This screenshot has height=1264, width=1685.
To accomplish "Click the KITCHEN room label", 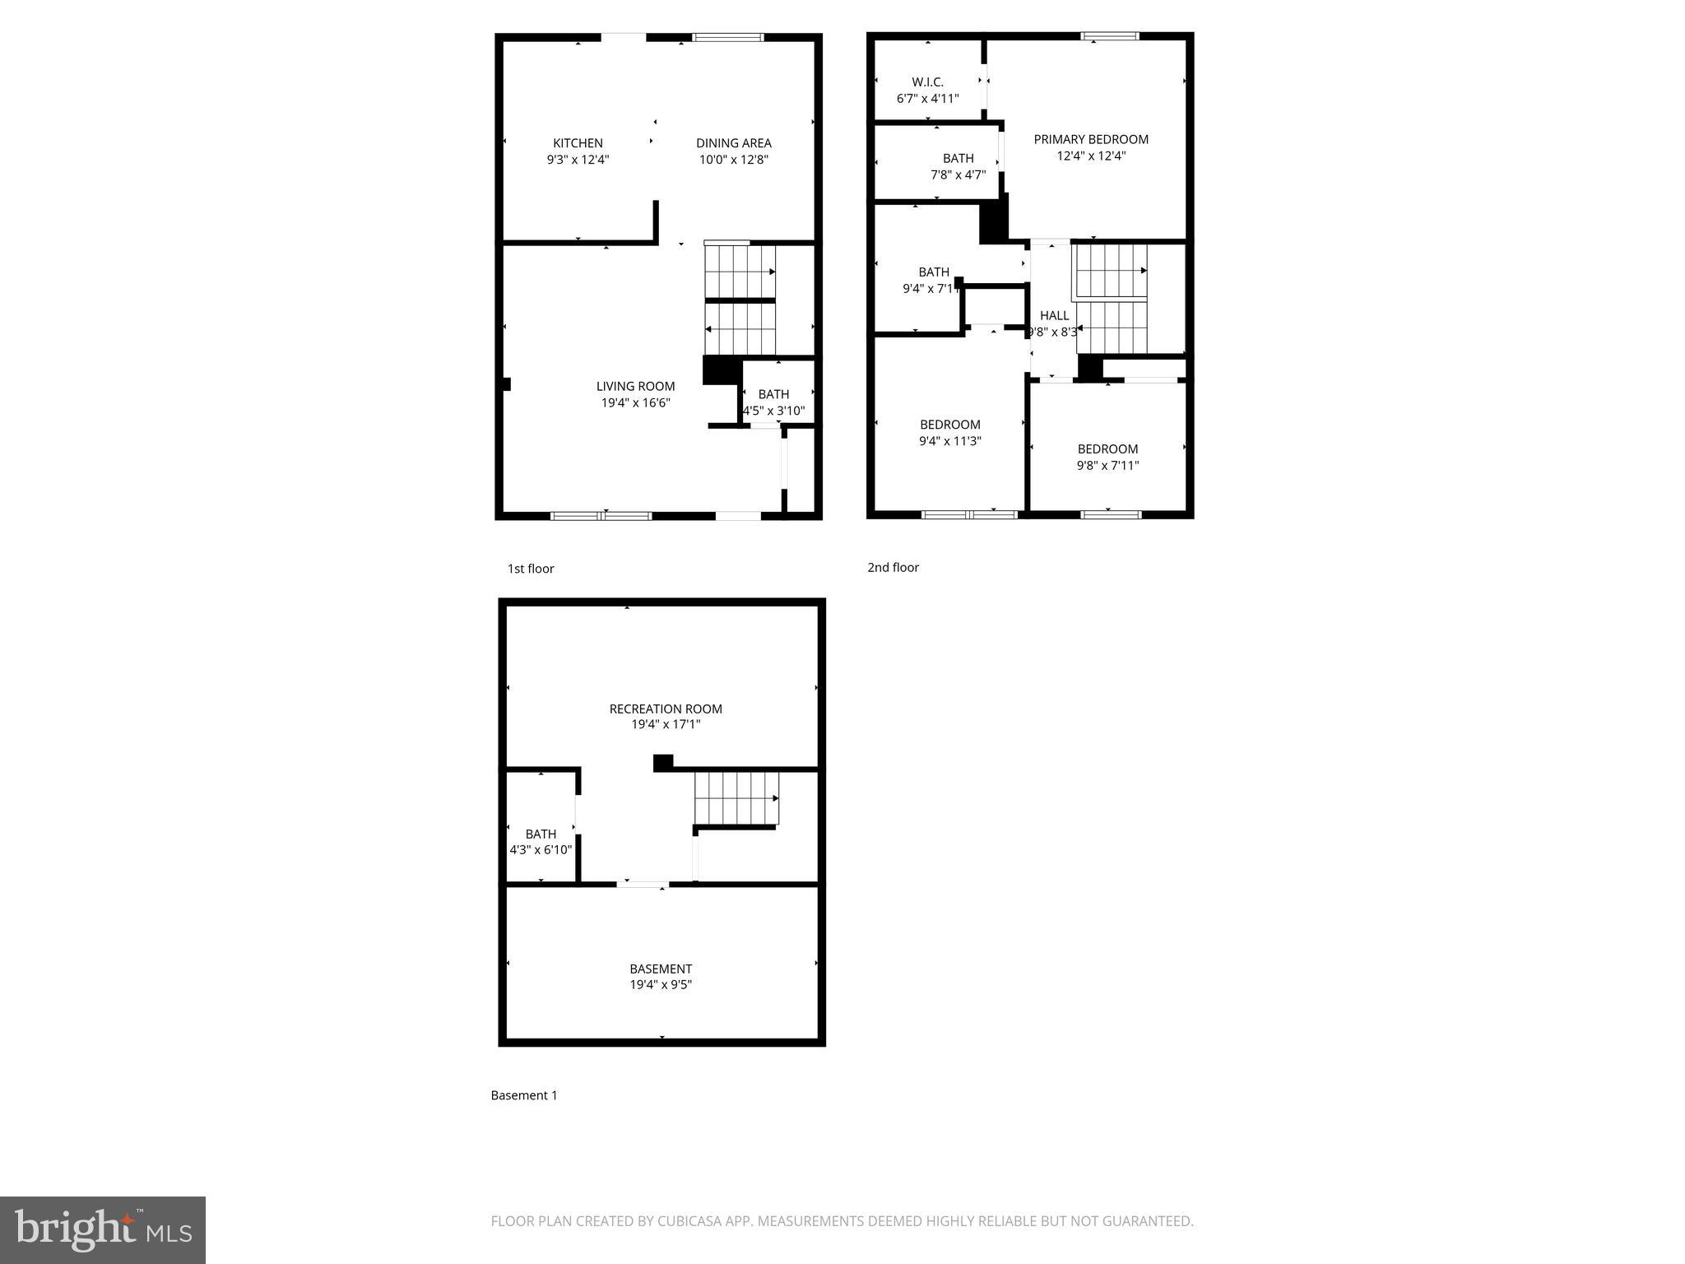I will click(578, 143).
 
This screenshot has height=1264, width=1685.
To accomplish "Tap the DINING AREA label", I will click(733, 143).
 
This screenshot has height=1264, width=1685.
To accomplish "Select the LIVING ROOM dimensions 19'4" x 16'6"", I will click(635, 402).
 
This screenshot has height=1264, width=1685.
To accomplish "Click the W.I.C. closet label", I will click(927, 82).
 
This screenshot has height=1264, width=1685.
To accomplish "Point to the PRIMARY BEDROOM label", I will click(1091, 139).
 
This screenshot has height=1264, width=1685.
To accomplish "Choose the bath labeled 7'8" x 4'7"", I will click(958, 166).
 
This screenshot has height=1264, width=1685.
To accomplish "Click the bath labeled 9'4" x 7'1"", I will click(933, 280).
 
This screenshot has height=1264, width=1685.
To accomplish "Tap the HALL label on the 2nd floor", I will click(1054, 315).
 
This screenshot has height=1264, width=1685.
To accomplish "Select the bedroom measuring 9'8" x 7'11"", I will click(1107, 457).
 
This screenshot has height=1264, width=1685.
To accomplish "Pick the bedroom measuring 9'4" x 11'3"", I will click(949, 433).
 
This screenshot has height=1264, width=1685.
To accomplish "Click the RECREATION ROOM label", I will click(666, 709).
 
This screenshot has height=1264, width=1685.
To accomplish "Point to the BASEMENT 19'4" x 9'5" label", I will click(661, 976).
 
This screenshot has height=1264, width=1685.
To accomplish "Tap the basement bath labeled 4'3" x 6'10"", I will click(541, 842).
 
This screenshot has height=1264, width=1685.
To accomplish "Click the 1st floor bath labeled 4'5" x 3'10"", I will click(773, 402).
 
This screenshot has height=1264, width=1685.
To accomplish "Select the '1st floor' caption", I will click(531, 569).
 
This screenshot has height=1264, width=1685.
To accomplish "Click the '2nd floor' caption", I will click(893, 567).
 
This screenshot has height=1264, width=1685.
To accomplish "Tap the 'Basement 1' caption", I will click(524, 1095).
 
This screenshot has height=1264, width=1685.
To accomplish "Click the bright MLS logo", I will click(103, 1229).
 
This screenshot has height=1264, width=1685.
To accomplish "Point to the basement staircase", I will click(736, 797).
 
